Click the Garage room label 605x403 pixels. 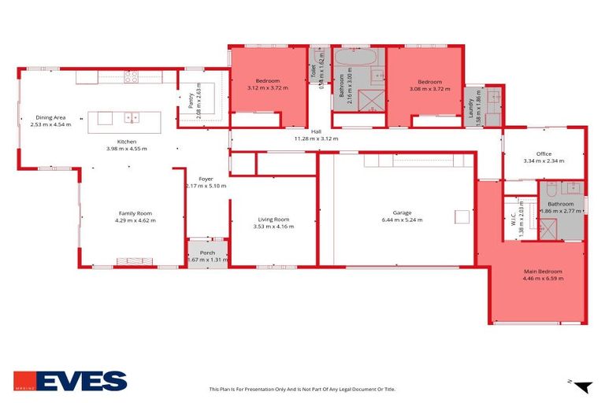tap(408, 212)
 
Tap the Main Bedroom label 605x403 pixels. tap(543, 272)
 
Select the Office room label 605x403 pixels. tap(544, 153)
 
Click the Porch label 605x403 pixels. tap(207, 253)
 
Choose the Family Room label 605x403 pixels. tap(135, 213)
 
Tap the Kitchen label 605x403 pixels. tap(126, 142)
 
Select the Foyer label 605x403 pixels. tap(206, 179)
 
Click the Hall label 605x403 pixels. tap(316, 131)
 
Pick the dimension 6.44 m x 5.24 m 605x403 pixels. tap(408, 220)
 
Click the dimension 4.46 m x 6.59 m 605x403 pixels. tap(543, 279)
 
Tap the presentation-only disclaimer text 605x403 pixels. tap(302, 389)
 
